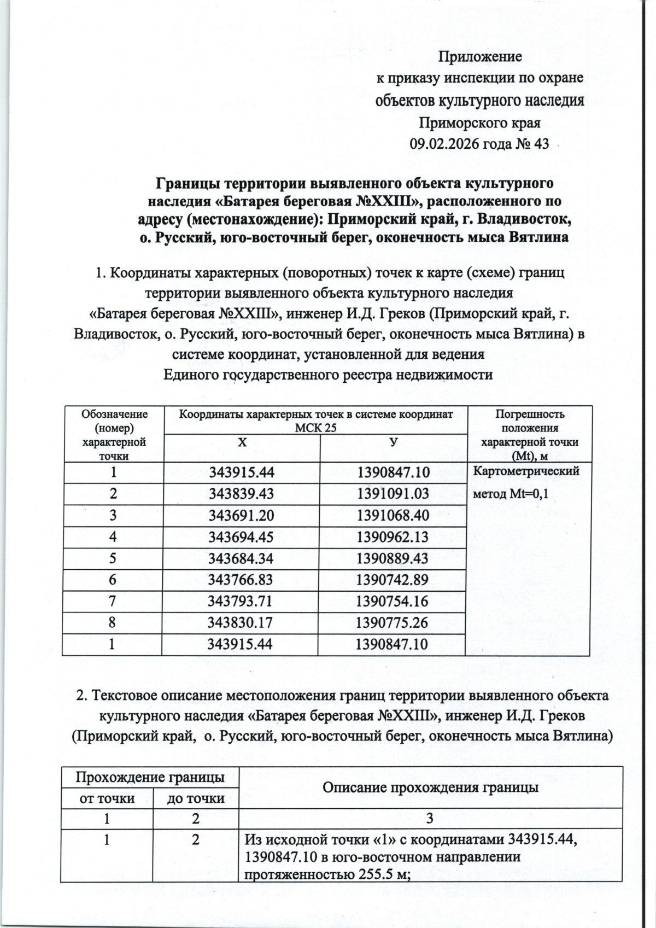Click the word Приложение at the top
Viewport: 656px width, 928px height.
(481, 56)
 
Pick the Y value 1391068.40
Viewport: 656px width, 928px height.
(393, 515)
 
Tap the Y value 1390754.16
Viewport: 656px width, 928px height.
(393, 601)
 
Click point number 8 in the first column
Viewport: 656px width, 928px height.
(113, 622)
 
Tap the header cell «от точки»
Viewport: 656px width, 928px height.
(107, 798)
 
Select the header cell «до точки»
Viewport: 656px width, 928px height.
(196, 798)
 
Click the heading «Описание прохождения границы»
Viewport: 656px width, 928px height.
(431, 787)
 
